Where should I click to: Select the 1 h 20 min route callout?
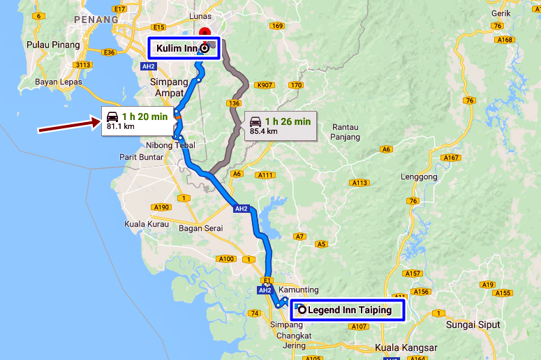(x=137, y=121)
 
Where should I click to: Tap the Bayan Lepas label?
(x=59, y=82)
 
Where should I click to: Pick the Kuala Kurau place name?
(x=147, y=224)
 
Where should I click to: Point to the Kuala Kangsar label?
(x=406, y=347)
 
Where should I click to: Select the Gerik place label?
(x=501, y=12)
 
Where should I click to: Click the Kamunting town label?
(x=298, y=290)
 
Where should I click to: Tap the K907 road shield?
(x=265, y=85)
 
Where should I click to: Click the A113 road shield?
(x=360, y=183)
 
